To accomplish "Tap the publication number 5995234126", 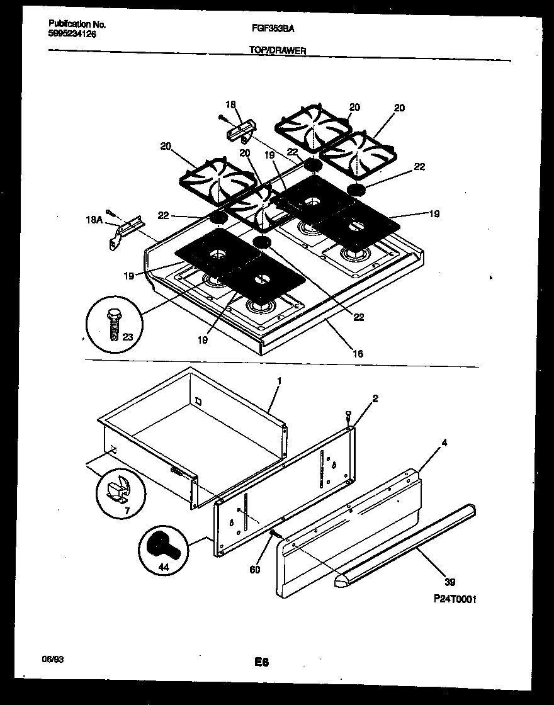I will (x=72, y=34).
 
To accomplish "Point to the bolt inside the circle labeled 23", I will (x=114, y=324).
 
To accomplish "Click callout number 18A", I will (x=94, y=220).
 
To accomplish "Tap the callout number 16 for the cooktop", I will (x=357, y=354).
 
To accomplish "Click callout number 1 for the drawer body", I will (x=279, y=381).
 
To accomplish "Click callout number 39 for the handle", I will (x=450, y=582).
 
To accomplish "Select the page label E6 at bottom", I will (x=262, y=662).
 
